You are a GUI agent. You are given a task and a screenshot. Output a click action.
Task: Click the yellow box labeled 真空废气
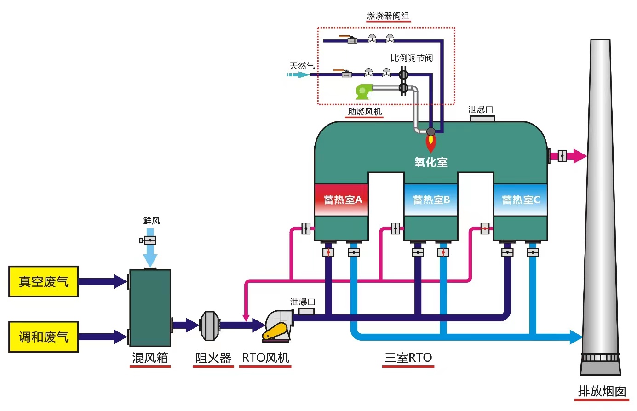(43, 281)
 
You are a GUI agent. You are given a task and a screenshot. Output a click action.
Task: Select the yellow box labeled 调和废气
(43, 337)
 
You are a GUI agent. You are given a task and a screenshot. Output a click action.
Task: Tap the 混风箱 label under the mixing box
(150, 358)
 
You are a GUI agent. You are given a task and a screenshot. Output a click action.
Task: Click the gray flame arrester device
(209, 326)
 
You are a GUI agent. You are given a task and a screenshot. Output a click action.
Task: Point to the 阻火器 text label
(213, 358)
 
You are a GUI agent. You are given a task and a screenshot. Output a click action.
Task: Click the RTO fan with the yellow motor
(277, 326)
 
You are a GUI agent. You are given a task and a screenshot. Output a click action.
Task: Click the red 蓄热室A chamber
(341, 200)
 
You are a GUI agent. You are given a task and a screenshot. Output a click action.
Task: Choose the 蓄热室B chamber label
(431, 200)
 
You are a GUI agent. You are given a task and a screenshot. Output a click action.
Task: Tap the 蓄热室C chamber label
(521, 200)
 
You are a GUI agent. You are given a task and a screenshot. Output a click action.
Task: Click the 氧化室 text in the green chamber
(430, 162)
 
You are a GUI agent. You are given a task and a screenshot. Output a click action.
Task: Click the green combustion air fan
(363, 91)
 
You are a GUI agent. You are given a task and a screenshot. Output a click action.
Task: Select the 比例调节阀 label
(412, 58)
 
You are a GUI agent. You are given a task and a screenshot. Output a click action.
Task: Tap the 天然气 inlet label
(302, 66)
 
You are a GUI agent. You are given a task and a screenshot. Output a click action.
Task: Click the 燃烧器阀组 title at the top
(388, 16)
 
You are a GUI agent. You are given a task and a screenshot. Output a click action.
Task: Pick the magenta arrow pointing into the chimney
(578, 156)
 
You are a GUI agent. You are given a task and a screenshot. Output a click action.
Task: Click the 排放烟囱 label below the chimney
(602, 391)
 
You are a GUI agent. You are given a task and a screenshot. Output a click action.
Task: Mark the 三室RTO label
(408, 358)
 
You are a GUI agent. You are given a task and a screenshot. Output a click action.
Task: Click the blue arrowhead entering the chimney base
(576, 337)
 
